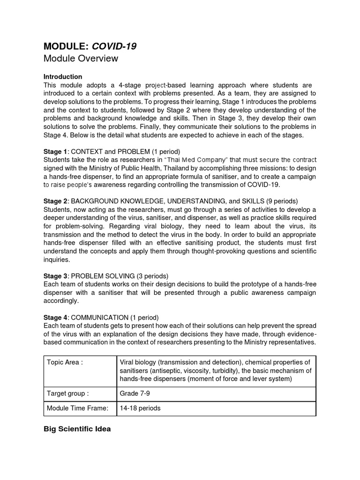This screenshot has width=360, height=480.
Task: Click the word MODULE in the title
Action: [x=65, y=46]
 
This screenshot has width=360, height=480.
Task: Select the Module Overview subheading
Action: [x=81, y=59]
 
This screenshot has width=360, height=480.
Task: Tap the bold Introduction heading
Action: [x=62, y=76]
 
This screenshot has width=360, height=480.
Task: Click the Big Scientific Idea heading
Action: [x=77, y=428]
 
